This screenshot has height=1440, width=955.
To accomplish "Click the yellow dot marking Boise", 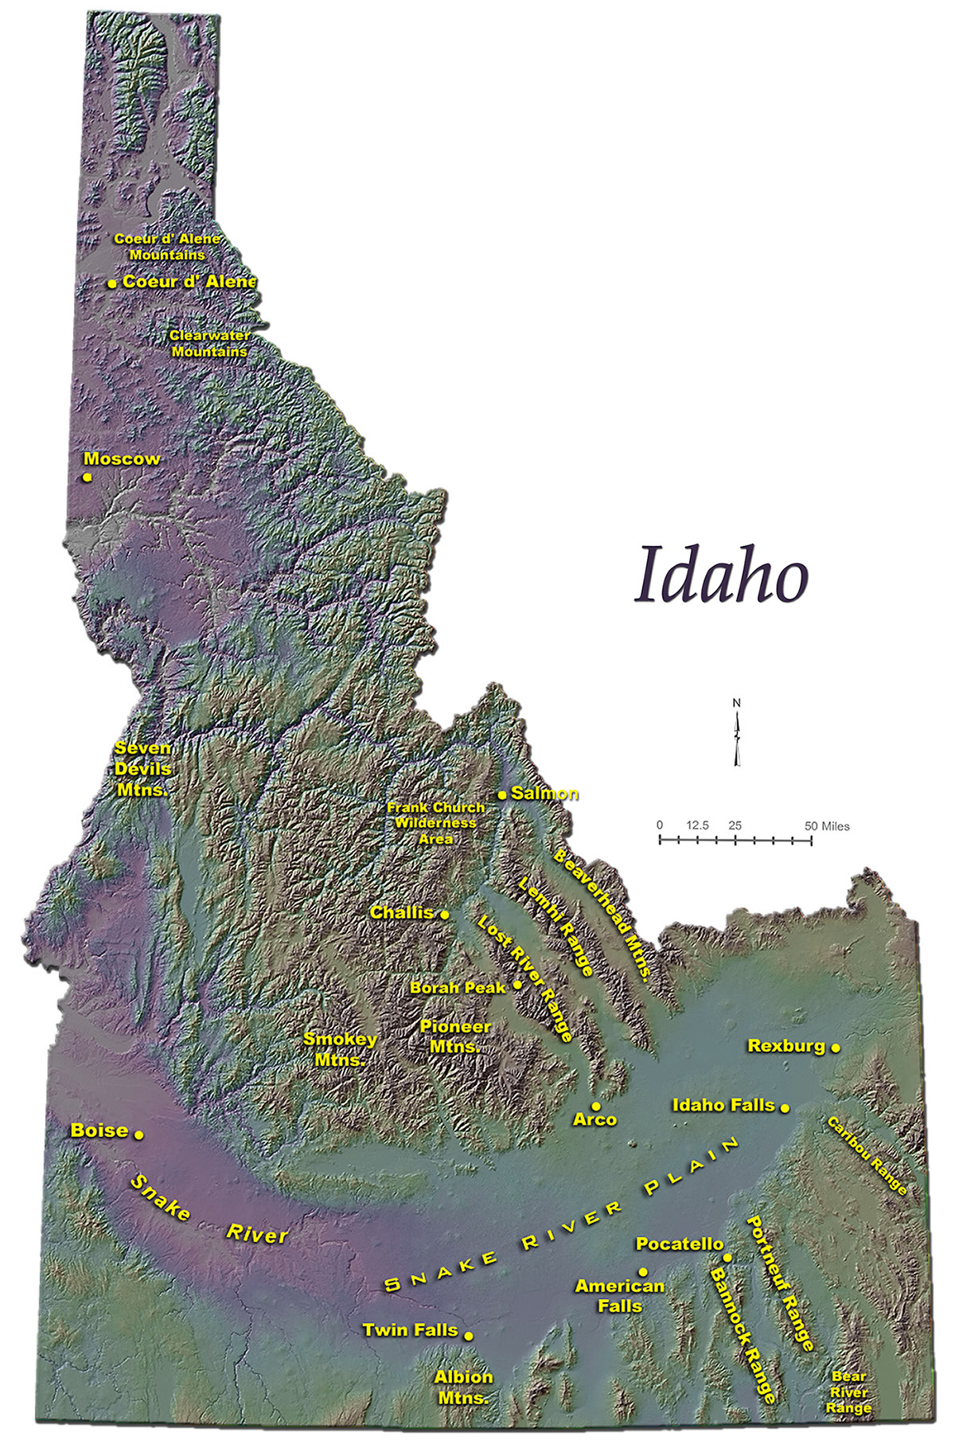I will [x=138, y=1134].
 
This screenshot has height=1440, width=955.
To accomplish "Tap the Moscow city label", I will [x=122, y=459].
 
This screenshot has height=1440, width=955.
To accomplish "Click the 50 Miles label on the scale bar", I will [x=826, y=826].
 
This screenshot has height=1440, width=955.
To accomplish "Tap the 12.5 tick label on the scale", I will [x=697, y=825].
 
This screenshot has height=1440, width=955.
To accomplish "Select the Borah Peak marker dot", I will [x=517, y=985].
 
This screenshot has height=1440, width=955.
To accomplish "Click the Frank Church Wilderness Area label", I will [x=435, y=823].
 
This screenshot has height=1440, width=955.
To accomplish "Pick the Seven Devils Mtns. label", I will [x=142, y=769].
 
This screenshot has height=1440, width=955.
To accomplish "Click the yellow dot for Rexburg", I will [x=836, y=1048].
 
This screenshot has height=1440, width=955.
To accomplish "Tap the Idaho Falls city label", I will [x=723, y=1105].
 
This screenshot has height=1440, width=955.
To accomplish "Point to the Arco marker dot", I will [x=596, y=1106].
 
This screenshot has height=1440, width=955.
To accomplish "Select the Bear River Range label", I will [x=848, y=1392].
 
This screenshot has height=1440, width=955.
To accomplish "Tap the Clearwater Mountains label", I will [x=209, y=343].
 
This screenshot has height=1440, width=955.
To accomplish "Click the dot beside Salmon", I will [x=502, y=794].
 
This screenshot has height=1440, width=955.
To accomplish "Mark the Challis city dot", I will [x=445, y=915].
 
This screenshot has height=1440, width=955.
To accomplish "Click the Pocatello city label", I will [x=680, y=1243].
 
